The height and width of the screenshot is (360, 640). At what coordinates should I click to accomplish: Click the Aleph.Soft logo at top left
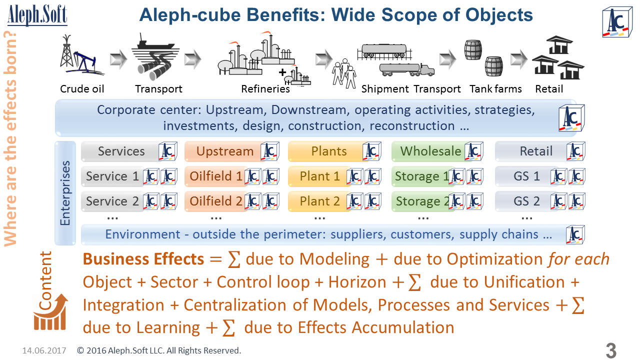37,15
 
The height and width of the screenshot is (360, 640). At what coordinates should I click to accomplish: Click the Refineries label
265,89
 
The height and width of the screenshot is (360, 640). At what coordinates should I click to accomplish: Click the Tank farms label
495,89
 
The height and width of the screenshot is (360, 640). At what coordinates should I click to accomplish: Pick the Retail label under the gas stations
549,89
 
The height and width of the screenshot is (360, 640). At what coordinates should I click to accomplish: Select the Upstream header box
224,151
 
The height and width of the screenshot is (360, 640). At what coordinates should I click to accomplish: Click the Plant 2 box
319,201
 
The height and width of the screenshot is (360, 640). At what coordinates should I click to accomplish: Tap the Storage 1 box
422,176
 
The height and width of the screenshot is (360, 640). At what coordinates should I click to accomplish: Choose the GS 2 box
526,201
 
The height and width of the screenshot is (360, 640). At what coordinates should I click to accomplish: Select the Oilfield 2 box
216,201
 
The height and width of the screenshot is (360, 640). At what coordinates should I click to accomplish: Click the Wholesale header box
430,151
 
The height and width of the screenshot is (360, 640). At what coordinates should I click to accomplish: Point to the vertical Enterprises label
65,192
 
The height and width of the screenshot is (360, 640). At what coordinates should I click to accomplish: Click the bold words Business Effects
143,259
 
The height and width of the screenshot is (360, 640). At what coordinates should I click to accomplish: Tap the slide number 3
610,350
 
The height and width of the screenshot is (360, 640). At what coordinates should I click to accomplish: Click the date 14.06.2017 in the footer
44,350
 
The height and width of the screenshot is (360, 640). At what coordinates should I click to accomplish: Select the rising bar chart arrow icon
50,312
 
